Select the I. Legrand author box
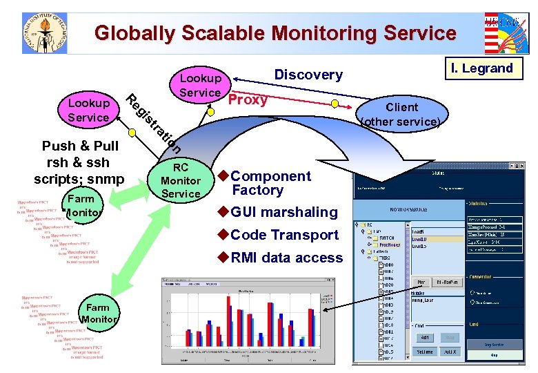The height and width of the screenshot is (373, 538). tap(482, 68)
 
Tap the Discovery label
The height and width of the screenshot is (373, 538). tap(308, 75)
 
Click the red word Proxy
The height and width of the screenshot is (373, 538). tap(248, 99)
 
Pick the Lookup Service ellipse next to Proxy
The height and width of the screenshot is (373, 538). tap(200, 86)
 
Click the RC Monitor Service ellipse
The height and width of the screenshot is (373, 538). tap(180, 181)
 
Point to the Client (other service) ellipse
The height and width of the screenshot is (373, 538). tap(402, 115)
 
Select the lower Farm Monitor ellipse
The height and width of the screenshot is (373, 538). tap(97, 314)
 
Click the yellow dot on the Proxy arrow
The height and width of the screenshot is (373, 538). tap(335, 104)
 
